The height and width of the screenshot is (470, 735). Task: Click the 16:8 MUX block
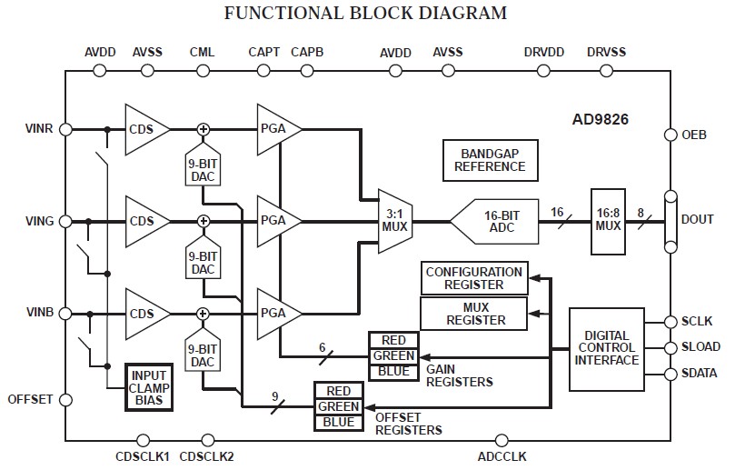(608, 219)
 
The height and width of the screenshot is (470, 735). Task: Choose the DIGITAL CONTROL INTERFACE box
(606, 346)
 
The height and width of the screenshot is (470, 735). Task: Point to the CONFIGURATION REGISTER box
(474, 278)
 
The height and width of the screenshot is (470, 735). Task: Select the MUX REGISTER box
(474, 314)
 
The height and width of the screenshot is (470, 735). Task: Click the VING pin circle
(65, 221)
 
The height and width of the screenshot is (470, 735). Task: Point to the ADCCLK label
(502, 455)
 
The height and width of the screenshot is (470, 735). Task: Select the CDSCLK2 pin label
(207, 455)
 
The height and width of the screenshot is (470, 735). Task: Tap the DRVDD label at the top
(543, 53)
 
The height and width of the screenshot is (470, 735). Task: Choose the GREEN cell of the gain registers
(392, 355)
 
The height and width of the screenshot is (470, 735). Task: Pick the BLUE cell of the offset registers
(338, 423)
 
